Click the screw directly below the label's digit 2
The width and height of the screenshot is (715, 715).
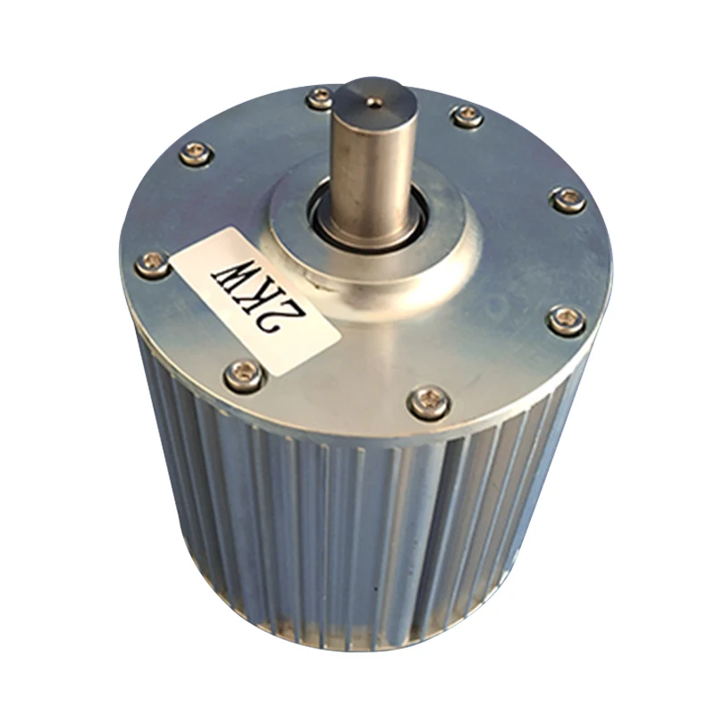(243, 374)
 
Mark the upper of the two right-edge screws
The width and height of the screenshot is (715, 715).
(567, 198)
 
